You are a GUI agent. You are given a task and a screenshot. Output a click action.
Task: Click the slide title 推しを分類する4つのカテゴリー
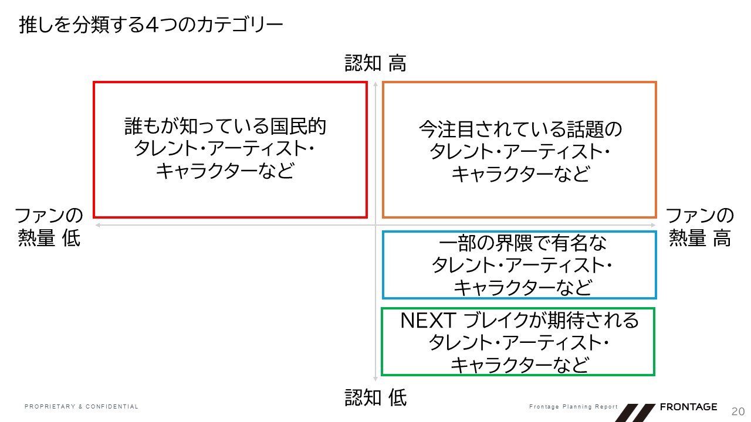coord(151,25)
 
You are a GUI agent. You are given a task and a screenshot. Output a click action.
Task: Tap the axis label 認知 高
coord(375,63)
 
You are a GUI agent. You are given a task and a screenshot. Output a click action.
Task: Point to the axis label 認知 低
coord(375,399)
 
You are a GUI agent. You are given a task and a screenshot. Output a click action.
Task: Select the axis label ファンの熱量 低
coord(49,227)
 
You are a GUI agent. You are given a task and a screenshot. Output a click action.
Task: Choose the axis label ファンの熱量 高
coord(700,227)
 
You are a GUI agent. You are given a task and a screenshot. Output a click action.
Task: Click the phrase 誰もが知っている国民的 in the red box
coord(225,127)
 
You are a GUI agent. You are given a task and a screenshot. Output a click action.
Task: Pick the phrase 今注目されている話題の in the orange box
coord(520,129)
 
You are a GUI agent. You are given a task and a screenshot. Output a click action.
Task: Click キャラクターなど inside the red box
coord(225,171)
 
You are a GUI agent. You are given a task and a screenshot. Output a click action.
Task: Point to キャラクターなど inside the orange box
coord(520,174)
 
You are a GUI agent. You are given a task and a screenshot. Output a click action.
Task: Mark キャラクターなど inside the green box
coord(519,365)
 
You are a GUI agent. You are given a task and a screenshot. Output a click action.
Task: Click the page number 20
coord(737,410)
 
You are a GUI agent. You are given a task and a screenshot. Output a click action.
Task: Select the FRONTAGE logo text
coord(688,407)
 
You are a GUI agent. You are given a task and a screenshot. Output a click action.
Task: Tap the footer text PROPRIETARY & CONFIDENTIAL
coord(82,407)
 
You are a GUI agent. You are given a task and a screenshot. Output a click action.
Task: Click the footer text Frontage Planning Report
coord(573,407)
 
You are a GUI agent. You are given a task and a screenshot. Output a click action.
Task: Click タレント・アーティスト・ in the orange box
coord(520,152)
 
